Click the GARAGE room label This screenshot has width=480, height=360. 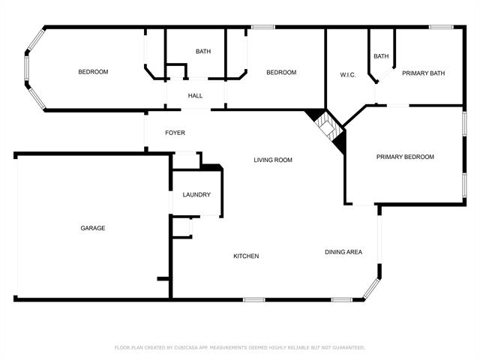[x=93, y=228]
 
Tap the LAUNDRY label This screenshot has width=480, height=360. [x=196, y=195]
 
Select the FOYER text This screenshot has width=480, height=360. [x=175, y=133]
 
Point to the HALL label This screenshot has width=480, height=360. [x=195, y=95]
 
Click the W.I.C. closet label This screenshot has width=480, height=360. [x=347, y=74]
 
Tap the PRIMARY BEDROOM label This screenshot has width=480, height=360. [x=405, y=157]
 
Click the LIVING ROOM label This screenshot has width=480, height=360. [x=272, y=160]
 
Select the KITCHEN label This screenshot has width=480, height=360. [x=246, y=256]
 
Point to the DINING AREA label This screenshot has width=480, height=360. [x=343, y=252]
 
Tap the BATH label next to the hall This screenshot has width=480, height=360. [x=203, y=52]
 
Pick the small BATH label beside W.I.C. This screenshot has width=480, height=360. [x=381, y=56]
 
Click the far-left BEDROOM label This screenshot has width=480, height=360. [x=94, y=72]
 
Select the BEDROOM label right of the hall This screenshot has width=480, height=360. [x=282, y=73]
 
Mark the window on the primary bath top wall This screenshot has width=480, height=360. [x=440, y=28]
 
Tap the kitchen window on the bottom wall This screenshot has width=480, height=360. [x=254, y=300]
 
